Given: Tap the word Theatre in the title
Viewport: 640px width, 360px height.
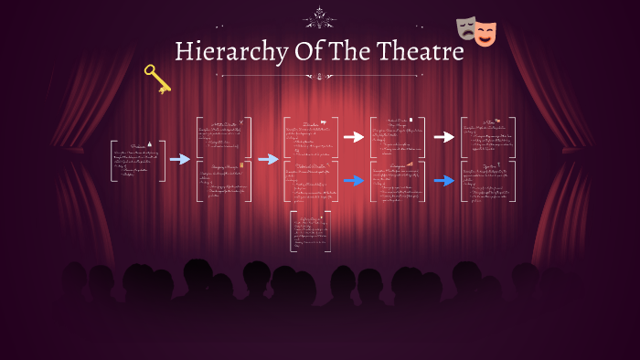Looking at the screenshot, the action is click(418, 52).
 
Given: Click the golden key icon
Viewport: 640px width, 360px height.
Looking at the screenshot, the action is click(156, 79).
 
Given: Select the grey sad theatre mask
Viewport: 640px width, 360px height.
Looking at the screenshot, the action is click(467, 29).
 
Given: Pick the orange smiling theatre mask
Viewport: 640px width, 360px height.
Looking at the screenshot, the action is click(485, 35).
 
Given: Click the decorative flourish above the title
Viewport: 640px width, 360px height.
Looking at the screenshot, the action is click(320, 17).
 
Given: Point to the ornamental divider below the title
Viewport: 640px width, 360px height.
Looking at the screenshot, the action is click(320, 77).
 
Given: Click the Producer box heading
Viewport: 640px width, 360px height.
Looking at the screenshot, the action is click(138, 146).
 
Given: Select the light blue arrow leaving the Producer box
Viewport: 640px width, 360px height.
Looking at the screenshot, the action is click(180, 159).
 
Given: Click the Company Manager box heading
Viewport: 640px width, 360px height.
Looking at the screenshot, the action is click(223, 166).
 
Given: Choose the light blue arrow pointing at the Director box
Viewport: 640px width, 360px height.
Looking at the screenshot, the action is click(268, 159).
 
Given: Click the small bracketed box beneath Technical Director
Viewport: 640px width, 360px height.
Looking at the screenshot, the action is click(310, 231).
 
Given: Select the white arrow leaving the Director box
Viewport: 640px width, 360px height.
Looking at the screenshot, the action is click(354, 137).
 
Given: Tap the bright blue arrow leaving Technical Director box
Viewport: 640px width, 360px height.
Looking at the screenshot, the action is click(354, 180).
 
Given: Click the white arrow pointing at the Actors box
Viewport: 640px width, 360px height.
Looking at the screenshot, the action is click(444, 137).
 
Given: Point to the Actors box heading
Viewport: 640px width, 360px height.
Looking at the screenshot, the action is click(487, 122).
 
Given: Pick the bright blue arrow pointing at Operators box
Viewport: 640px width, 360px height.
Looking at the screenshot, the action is click(444, 180).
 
